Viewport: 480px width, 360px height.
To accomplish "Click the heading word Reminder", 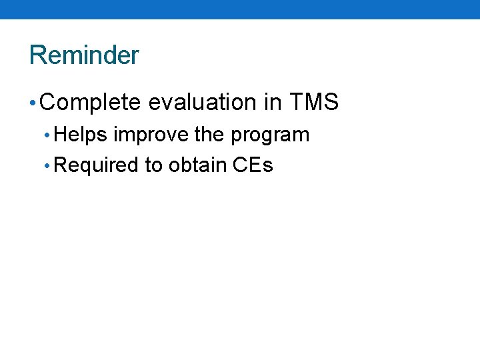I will point(84,55).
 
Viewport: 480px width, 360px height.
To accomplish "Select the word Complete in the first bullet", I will point(91,103).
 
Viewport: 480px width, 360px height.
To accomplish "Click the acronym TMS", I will point(315,103).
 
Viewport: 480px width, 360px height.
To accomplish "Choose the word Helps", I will point(81,135).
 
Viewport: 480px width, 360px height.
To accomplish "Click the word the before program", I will point(209,135).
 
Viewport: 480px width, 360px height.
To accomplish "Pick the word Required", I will point(96,165).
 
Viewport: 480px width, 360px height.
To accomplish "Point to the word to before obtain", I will point(154,165).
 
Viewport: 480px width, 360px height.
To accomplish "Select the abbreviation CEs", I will point(253,165).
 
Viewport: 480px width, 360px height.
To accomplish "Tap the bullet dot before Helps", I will point(46,135).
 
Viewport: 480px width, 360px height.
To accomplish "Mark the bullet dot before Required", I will point(46,166).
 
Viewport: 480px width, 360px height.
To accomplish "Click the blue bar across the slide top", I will point(240,9).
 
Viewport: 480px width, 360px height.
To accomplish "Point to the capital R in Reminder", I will point(37,55).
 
